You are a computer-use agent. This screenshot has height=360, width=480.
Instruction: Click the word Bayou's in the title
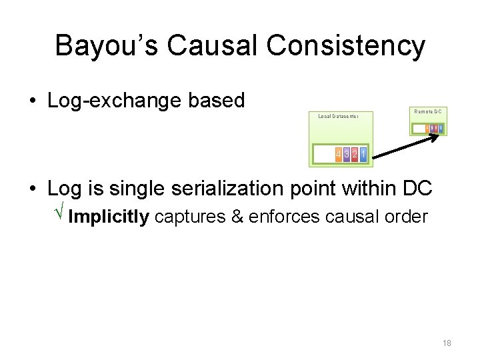coord(107,45)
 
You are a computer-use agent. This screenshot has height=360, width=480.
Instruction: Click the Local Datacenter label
coord(339,116)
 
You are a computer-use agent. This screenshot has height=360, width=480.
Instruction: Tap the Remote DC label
coord(428,111)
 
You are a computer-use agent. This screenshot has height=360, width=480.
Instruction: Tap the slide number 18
coord(446,343)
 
